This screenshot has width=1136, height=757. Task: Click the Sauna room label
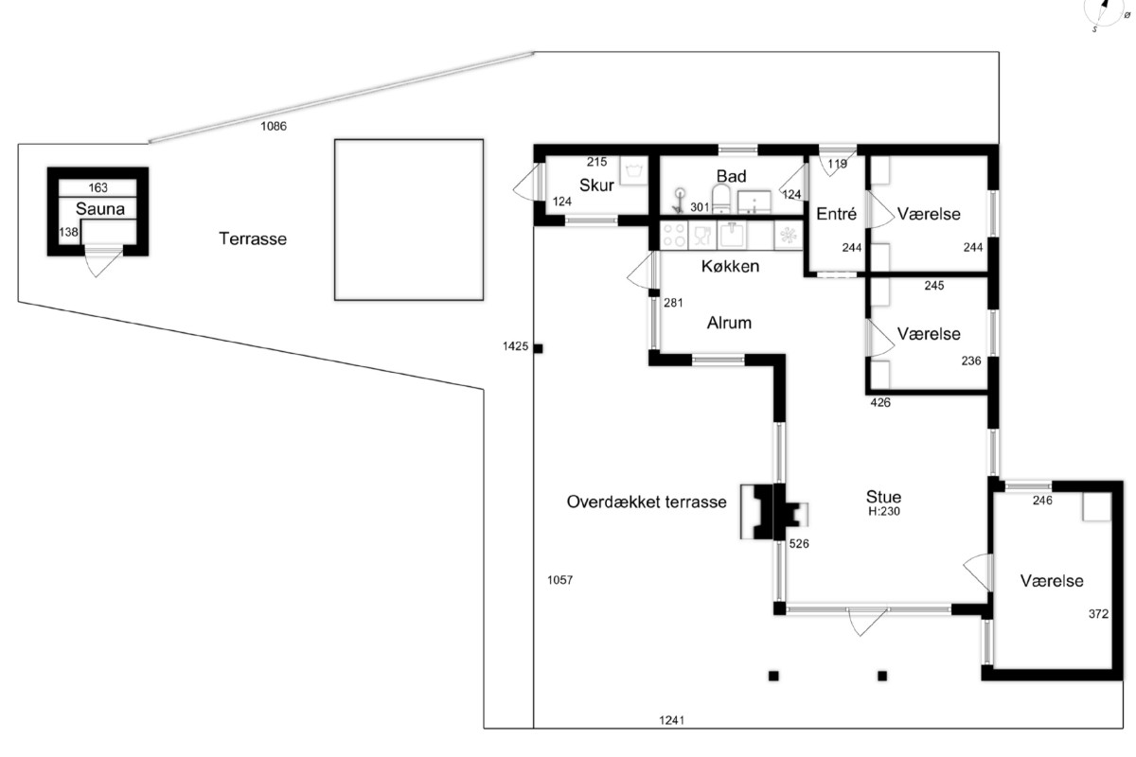point(100,209)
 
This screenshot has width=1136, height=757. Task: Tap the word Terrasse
point(253,238)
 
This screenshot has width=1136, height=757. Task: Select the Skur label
point(596,185)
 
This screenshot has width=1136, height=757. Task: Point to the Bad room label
point(731,176)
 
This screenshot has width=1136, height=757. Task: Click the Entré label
point(836,214)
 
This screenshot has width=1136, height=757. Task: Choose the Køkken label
point(730,266)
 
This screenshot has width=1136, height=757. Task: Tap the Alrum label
point(729,323)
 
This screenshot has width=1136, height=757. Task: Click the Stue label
point(883,497)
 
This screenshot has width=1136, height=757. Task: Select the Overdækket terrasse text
point(647,502)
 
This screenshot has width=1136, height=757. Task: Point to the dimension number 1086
point(274,126)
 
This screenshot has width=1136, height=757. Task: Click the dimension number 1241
point(671,720)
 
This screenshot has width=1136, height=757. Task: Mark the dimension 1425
point(515,346)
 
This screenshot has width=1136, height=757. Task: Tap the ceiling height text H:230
point(884,511)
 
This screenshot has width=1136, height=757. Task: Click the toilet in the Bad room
point(720,199)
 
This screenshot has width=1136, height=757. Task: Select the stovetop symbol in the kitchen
point(674,236)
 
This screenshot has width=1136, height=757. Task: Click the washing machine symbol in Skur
point(634,170)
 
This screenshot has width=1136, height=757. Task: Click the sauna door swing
point(98,261)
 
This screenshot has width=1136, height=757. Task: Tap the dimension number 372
point(1098,614)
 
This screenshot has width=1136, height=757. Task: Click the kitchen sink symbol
point(731,236)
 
